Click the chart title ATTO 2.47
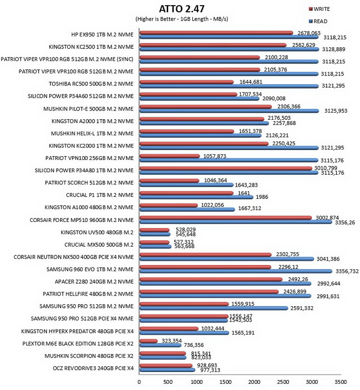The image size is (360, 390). [182, 9]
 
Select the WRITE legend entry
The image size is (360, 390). [319, 9]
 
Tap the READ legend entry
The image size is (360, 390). [318, 22]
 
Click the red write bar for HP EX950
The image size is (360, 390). [216, 33]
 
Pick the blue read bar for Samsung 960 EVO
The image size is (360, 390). [236, 271]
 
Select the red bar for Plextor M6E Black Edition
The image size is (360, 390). [149, 341]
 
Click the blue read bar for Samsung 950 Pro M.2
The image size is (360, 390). [214, 308]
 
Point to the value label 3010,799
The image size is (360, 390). [326, 168]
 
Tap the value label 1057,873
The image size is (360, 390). [215, 156]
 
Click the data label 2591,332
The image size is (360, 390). [302, 308]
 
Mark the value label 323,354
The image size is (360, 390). [172, 341]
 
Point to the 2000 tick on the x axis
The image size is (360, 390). [254, 382]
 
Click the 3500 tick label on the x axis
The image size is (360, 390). [340, 382]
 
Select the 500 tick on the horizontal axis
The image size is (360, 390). [168, 382]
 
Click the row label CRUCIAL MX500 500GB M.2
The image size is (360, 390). [99, 245]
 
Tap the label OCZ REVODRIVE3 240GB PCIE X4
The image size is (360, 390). [93, 368]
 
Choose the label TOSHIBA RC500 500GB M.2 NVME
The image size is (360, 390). [91, 84]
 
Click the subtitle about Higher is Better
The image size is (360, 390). [182, 19]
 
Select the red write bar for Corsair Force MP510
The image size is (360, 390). [226, 218]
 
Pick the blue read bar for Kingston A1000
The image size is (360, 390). [187, 210]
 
